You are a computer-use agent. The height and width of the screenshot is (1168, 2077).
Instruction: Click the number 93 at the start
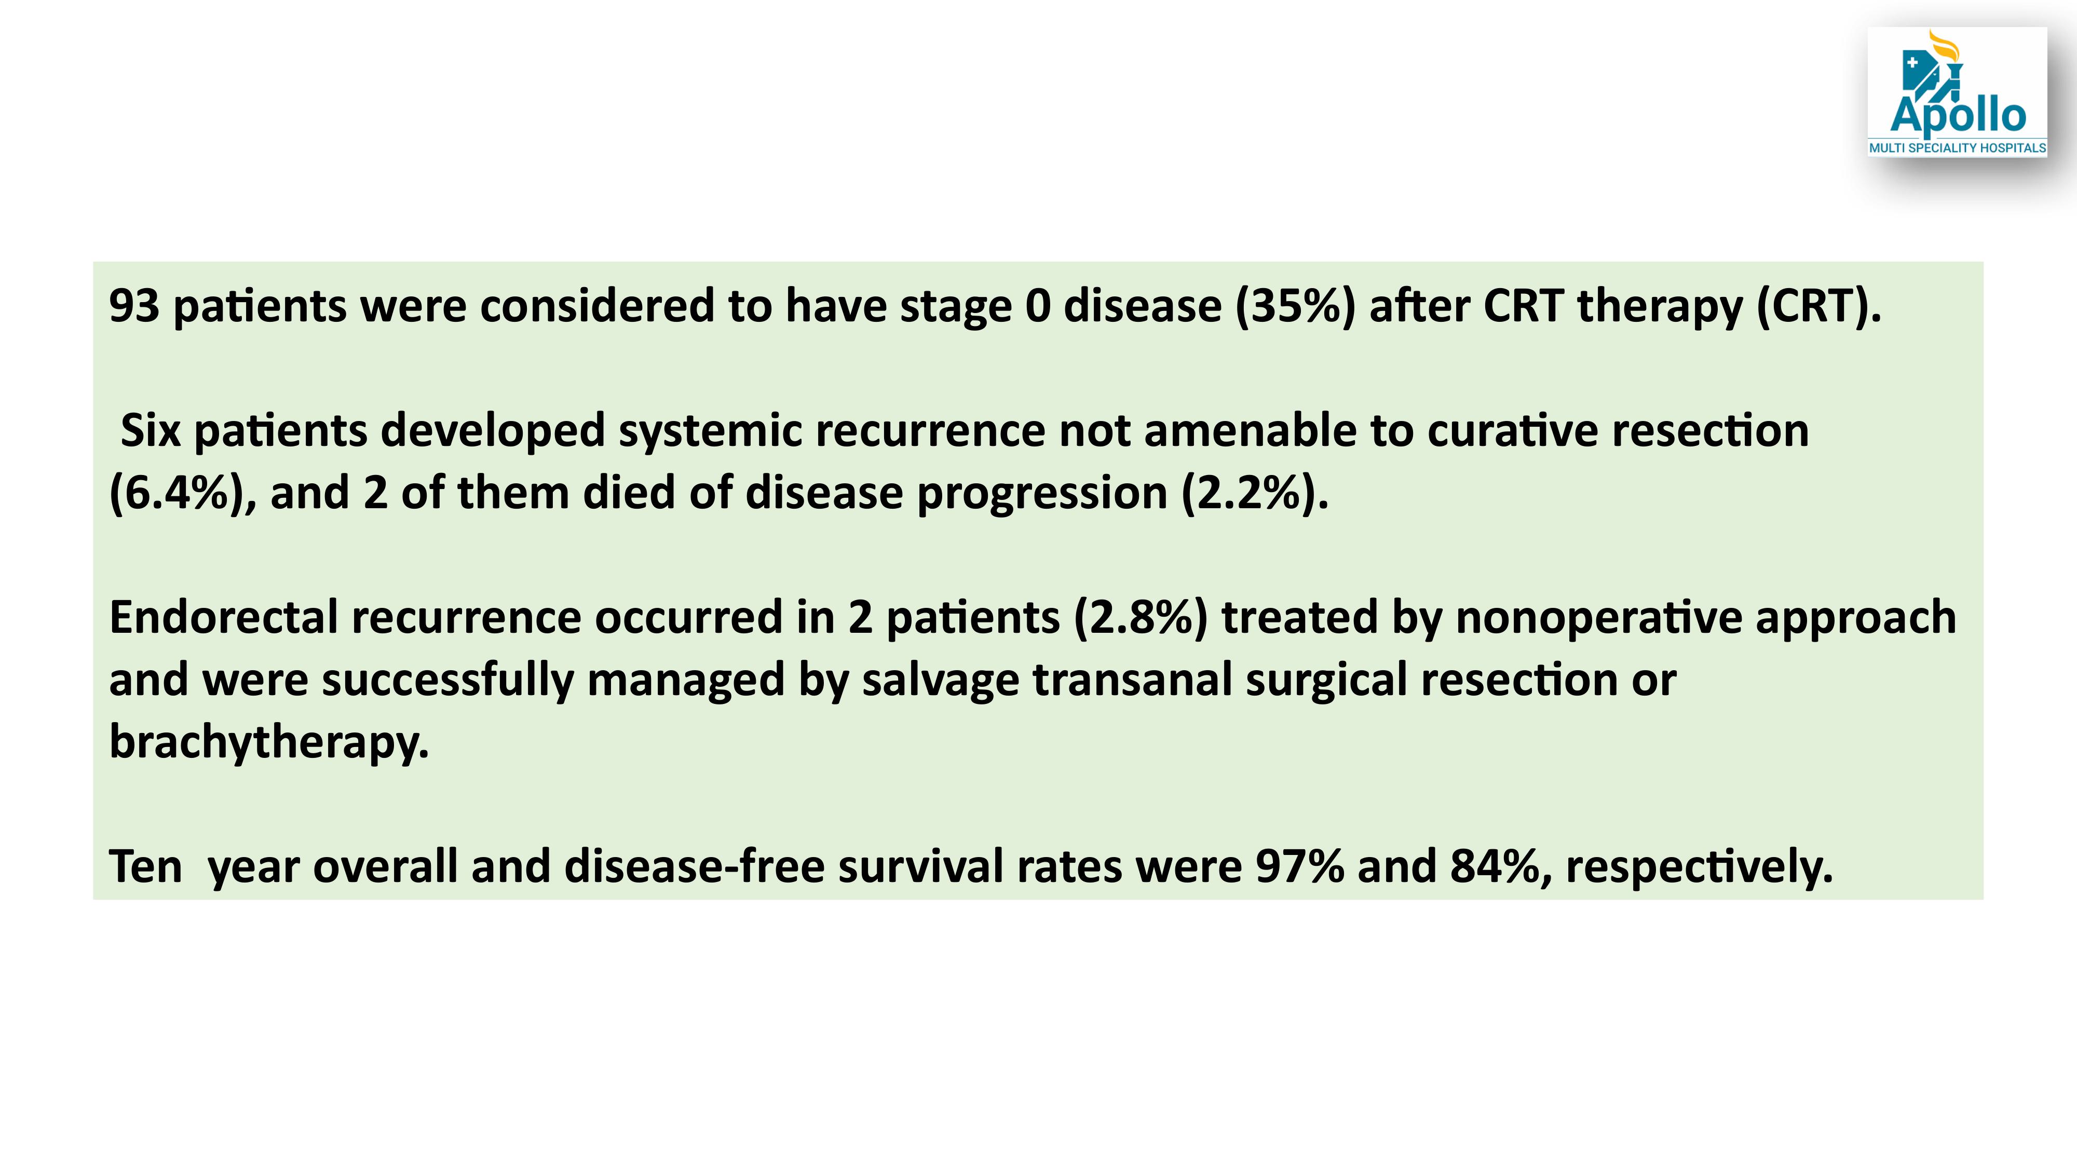click(134, 306)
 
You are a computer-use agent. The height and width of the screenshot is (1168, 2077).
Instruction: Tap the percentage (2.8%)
click(1141, 618)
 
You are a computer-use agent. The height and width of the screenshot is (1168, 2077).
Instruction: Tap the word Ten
click(146, 866)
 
